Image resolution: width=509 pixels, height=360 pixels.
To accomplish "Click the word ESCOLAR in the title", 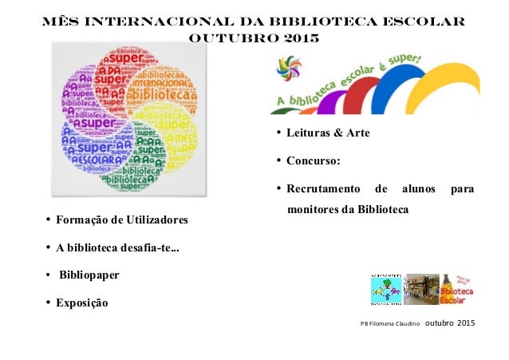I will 414,18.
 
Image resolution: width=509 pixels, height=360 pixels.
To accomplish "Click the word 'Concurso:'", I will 313,161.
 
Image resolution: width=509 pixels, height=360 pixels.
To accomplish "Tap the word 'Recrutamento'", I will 318,190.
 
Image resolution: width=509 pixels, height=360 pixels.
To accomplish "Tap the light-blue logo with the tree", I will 386,289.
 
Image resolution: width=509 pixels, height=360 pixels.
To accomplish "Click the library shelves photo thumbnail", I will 420,289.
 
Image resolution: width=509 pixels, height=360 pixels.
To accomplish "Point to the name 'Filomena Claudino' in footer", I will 394,325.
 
